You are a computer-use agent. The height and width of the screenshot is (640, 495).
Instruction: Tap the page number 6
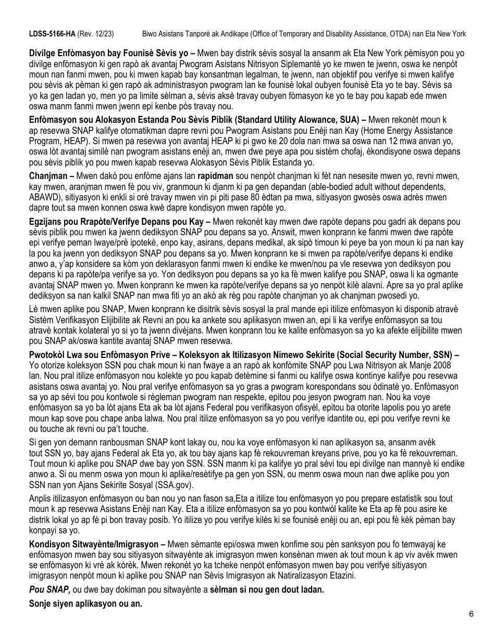tap(471, 613)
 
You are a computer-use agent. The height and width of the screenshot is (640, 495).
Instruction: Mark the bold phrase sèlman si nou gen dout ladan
tap(267, 590)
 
